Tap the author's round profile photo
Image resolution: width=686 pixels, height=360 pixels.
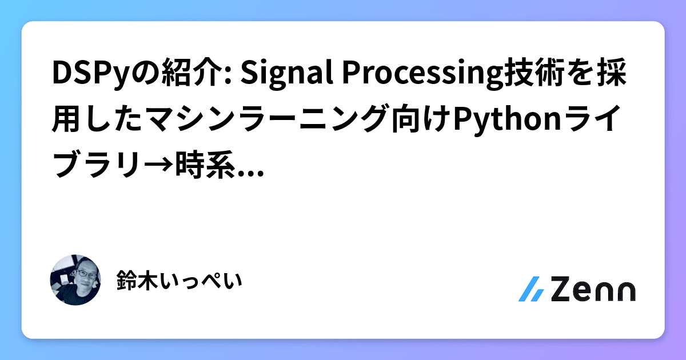(x=76, y=280)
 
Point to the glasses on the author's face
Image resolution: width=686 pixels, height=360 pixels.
(x=83, y=274)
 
